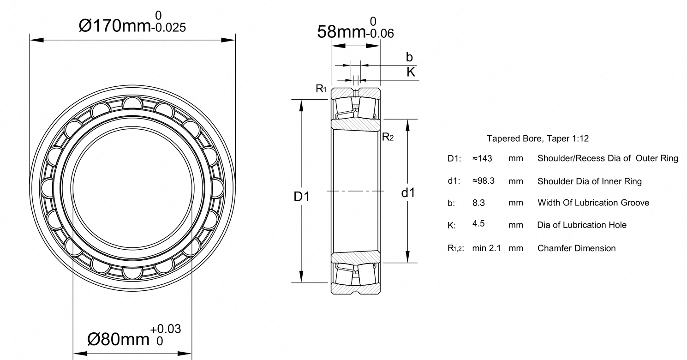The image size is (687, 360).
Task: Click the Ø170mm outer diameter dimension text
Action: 115,25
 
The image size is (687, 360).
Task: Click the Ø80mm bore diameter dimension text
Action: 118,339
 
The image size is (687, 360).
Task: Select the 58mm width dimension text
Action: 341,31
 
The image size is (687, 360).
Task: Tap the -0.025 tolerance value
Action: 168,28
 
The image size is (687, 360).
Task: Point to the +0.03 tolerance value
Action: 166,329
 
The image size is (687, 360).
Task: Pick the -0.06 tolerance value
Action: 380,33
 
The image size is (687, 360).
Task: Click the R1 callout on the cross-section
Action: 321,89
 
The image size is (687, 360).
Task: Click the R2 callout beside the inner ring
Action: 388,137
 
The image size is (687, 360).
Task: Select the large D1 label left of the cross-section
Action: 302,197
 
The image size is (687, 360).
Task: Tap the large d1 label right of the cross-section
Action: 408,193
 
